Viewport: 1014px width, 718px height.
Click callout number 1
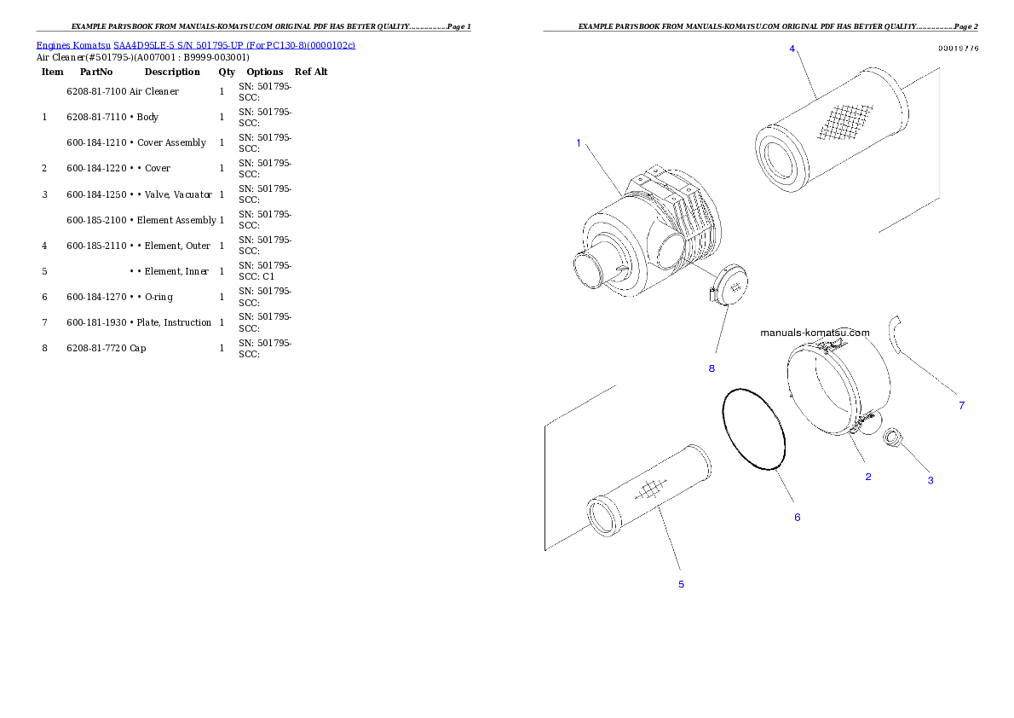point(579,143)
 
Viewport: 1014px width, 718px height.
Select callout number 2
point(868,477)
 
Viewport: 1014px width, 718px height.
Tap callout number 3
point(930,481)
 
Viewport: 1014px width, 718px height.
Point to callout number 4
point(792,49)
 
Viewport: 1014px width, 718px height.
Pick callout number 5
point(681,584)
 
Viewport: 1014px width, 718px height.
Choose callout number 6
point(798,518)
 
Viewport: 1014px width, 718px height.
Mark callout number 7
point(962,406)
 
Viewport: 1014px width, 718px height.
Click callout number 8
point(712,368)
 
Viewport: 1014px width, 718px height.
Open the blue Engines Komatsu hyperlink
point(195,44)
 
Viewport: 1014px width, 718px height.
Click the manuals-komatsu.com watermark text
point(815,333)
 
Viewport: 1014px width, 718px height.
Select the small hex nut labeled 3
point(894,439)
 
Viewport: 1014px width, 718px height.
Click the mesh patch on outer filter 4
point(844,120)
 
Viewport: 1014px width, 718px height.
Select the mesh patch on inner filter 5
point(650,489)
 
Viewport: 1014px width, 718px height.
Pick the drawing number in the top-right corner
point(958,49)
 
